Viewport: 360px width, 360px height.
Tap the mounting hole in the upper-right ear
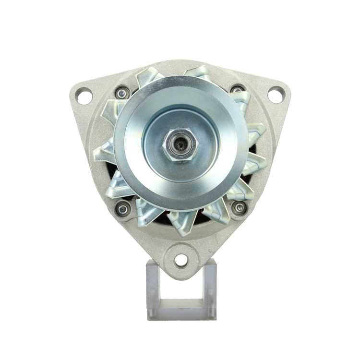pyautogui.click(x=276, y=94)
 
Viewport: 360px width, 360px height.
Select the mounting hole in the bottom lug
pyautogui.click(x=181, y=260)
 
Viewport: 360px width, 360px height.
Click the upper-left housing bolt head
pyautogui.click(x=122, y=92)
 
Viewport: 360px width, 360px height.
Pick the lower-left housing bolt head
pyautogui.click(x=123, y=208)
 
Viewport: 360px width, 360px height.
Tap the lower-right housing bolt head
pyautogui.click(x=239, y=207)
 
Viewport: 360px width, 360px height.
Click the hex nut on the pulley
pyautogui.click(x=180, y=144)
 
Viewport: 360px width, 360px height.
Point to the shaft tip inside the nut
pyautogui.click(x=180, y=144)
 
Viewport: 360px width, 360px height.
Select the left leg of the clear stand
pyautogui.click(x=152, y=290)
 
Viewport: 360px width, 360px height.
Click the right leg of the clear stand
pyautogui.click(x=210, y=290)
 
